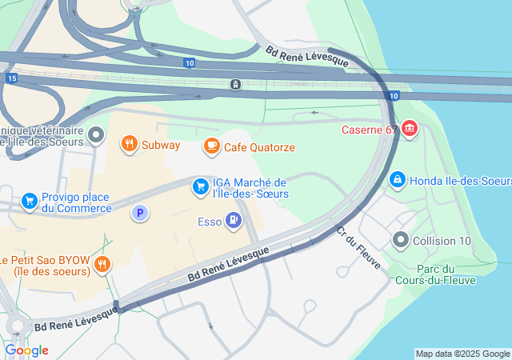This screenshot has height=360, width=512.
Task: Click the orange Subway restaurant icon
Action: pos(129,145)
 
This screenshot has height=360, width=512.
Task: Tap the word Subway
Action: pos(161,146)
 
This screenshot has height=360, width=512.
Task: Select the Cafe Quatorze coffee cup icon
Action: pos(211,146)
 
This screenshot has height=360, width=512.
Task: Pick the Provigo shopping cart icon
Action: pos(30,199)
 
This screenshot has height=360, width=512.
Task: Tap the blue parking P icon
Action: pos(140,213)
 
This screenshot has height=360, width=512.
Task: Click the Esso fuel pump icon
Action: pos(233,218)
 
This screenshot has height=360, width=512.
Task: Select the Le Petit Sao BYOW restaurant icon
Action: pos(102,265)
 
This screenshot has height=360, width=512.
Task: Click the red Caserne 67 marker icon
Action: pos(410,128)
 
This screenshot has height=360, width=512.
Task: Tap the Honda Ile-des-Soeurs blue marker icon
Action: pos(397,181)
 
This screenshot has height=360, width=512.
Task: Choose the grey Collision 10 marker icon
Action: pos(401,239)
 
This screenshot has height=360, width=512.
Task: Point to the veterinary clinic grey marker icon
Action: pos(97,135)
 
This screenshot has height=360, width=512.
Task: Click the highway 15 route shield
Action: pos(10,78)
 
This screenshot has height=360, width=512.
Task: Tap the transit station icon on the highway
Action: pos(235,84)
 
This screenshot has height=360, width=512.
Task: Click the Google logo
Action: pos(26,350)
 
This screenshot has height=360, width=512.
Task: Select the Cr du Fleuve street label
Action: pos(358,246)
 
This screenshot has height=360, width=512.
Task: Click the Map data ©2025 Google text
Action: pos(462,354)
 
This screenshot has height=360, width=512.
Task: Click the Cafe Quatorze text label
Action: pos(259,147)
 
